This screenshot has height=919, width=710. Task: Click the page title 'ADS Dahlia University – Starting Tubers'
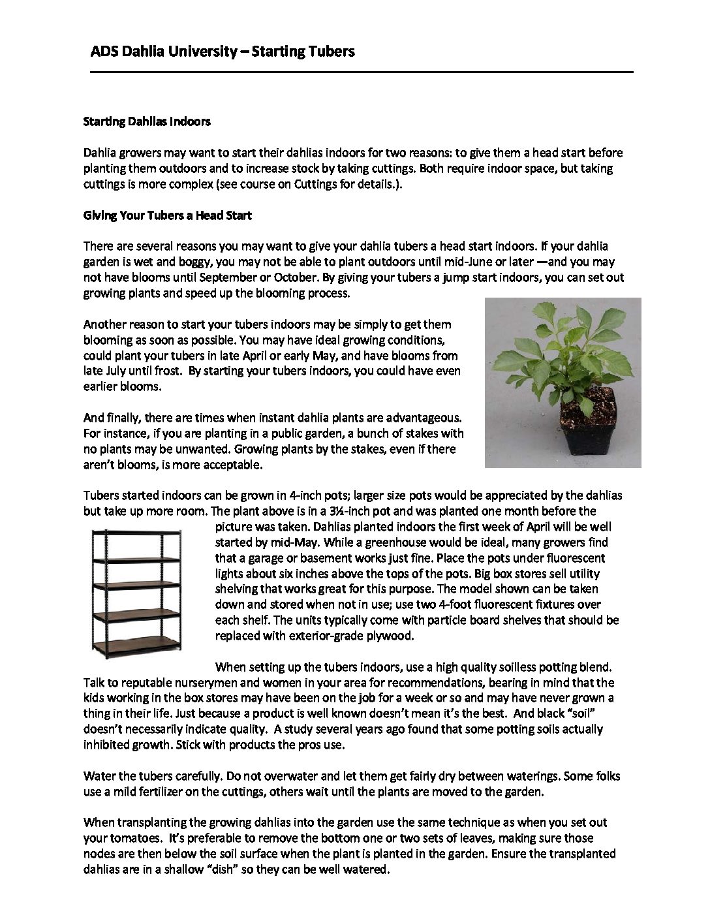click(222, 51)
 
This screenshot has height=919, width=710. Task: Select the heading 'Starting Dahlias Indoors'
click(147, 121)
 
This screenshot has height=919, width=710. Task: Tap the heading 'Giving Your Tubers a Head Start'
click(168, 215)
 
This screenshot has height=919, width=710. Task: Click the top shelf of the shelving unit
click(136, 534)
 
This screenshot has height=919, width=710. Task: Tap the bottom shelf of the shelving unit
click(136, 640)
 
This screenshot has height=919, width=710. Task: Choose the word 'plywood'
click(391, 636)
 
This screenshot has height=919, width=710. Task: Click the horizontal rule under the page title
click(362, 72)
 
